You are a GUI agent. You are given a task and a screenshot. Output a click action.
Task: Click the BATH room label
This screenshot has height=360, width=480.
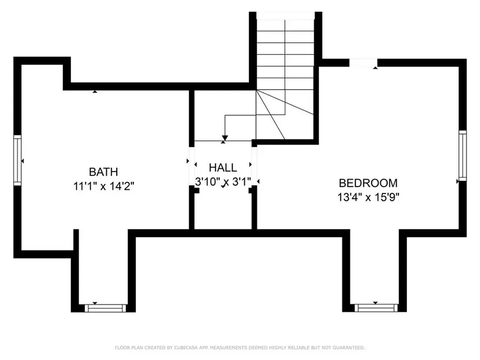tap(103, 172)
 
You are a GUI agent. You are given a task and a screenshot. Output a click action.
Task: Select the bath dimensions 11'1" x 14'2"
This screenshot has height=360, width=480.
tap(103, 186)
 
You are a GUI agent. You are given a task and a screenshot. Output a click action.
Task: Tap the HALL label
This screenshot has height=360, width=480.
tap(223, 168)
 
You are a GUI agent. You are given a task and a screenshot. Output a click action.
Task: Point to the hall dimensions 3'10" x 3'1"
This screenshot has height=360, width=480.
tap(223, 182)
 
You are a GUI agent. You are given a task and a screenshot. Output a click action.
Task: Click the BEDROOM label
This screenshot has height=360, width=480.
tap(368, 182)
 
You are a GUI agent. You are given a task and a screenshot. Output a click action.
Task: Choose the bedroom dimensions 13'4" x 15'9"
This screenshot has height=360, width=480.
tap(368, 196)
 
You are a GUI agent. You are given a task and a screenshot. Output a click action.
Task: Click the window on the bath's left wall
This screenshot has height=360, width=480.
tap(17, 161)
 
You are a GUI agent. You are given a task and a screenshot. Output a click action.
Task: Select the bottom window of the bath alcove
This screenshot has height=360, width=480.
tap(106, 308)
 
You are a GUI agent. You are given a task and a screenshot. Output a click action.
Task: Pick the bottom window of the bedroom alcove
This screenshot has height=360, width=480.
tap(376, 308)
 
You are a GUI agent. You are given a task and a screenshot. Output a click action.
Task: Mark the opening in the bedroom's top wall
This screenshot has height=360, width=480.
tap(363, 63)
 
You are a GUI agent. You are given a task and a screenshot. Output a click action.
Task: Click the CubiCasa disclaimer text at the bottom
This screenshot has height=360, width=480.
tap(240, 348)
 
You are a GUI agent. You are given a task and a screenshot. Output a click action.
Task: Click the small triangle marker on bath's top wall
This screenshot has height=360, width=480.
tap(95, 92)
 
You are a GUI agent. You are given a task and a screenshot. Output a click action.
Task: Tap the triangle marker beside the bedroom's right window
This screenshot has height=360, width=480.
tap(458, 182)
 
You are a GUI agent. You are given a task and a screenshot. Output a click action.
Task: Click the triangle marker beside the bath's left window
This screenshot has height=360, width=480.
tap(22, 161)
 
